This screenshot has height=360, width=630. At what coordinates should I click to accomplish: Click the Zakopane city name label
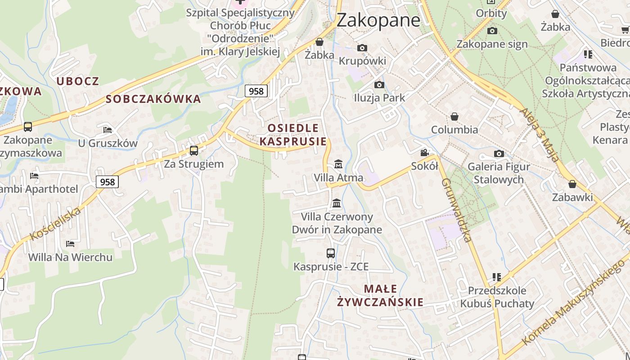coord(378,20)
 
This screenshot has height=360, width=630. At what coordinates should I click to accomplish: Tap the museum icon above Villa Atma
coord(338,164)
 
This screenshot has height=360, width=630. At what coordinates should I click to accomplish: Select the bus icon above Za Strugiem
coord(194,150)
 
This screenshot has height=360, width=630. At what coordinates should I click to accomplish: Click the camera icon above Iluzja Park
coord(379,85)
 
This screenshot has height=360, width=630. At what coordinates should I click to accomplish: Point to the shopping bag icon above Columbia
coord(454,117)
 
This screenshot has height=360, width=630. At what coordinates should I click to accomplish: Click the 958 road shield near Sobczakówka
coord(256,91)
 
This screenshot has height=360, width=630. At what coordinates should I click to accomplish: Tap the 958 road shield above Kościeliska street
coord(107,182)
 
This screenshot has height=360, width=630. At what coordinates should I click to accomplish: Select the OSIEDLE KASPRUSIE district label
coord(293,135)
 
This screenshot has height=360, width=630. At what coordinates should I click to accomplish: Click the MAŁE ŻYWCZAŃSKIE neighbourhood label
coord(380,295)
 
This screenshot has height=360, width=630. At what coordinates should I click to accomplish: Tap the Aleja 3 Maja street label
coord(540,135)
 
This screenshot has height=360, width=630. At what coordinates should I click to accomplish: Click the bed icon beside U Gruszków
coord(107,130)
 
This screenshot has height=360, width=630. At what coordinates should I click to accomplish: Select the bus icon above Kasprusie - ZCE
coord(331,253)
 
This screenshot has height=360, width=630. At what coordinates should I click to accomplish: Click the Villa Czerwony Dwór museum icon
coord(336,203)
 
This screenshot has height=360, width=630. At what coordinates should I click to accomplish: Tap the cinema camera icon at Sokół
coord(424,153)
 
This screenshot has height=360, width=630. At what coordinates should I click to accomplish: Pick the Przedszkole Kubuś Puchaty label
coord(497,297)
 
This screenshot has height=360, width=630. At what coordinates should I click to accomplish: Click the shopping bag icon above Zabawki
coord(572,184)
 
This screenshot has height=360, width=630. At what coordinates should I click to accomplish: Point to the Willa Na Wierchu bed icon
coord(70,244)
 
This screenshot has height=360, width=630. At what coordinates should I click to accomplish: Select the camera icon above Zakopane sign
coord(492,31)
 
